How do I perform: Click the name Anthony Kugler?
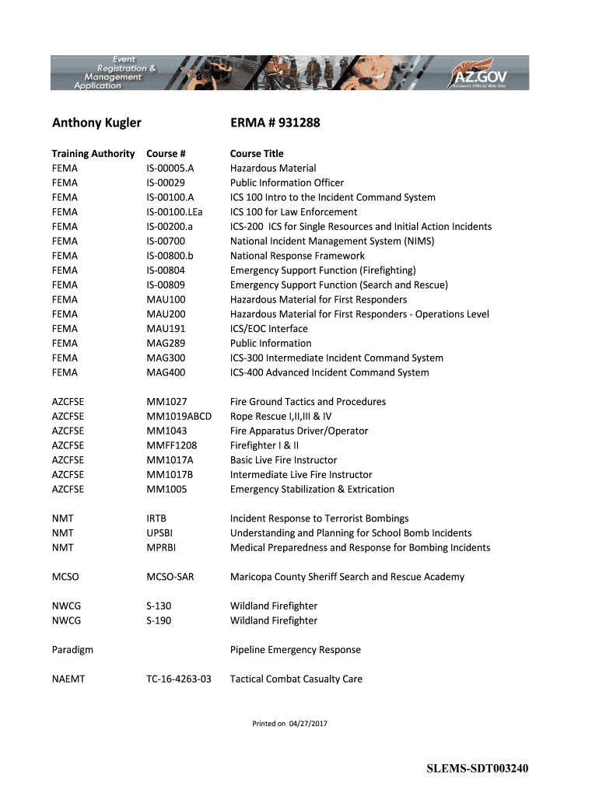(x=96, y=123)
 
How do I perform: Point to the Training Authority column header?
(x=93, y=153)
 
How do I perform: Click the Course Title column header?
(x=257, y=153)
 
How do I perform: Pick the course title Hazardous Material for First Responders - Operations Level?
(x=359, y=314)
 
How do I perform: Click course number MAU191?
(x=166, y=329)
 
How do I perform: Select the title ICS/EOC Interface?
(x=268, y=329)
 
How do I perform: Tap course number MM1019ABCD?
(x=179, y=416)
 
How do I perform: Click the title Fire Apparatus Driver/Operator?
(x=299, y=431)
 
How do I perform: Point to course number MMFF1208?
(x=171, y=445)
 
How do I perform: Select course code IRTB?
(x=156, y=518)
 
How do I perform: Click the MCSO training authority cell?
(x=65, y=577)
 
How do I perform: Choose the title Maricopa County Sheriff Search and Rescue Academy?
(x=347, y=577)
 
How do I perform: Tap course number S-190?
(x=159, y=620)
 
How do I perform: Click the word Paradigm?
(x=72, y=650)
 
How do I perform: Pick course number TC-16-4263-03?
(x=178, y=679)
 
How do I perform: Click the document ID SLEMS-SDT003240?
(x=477, y=770)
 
